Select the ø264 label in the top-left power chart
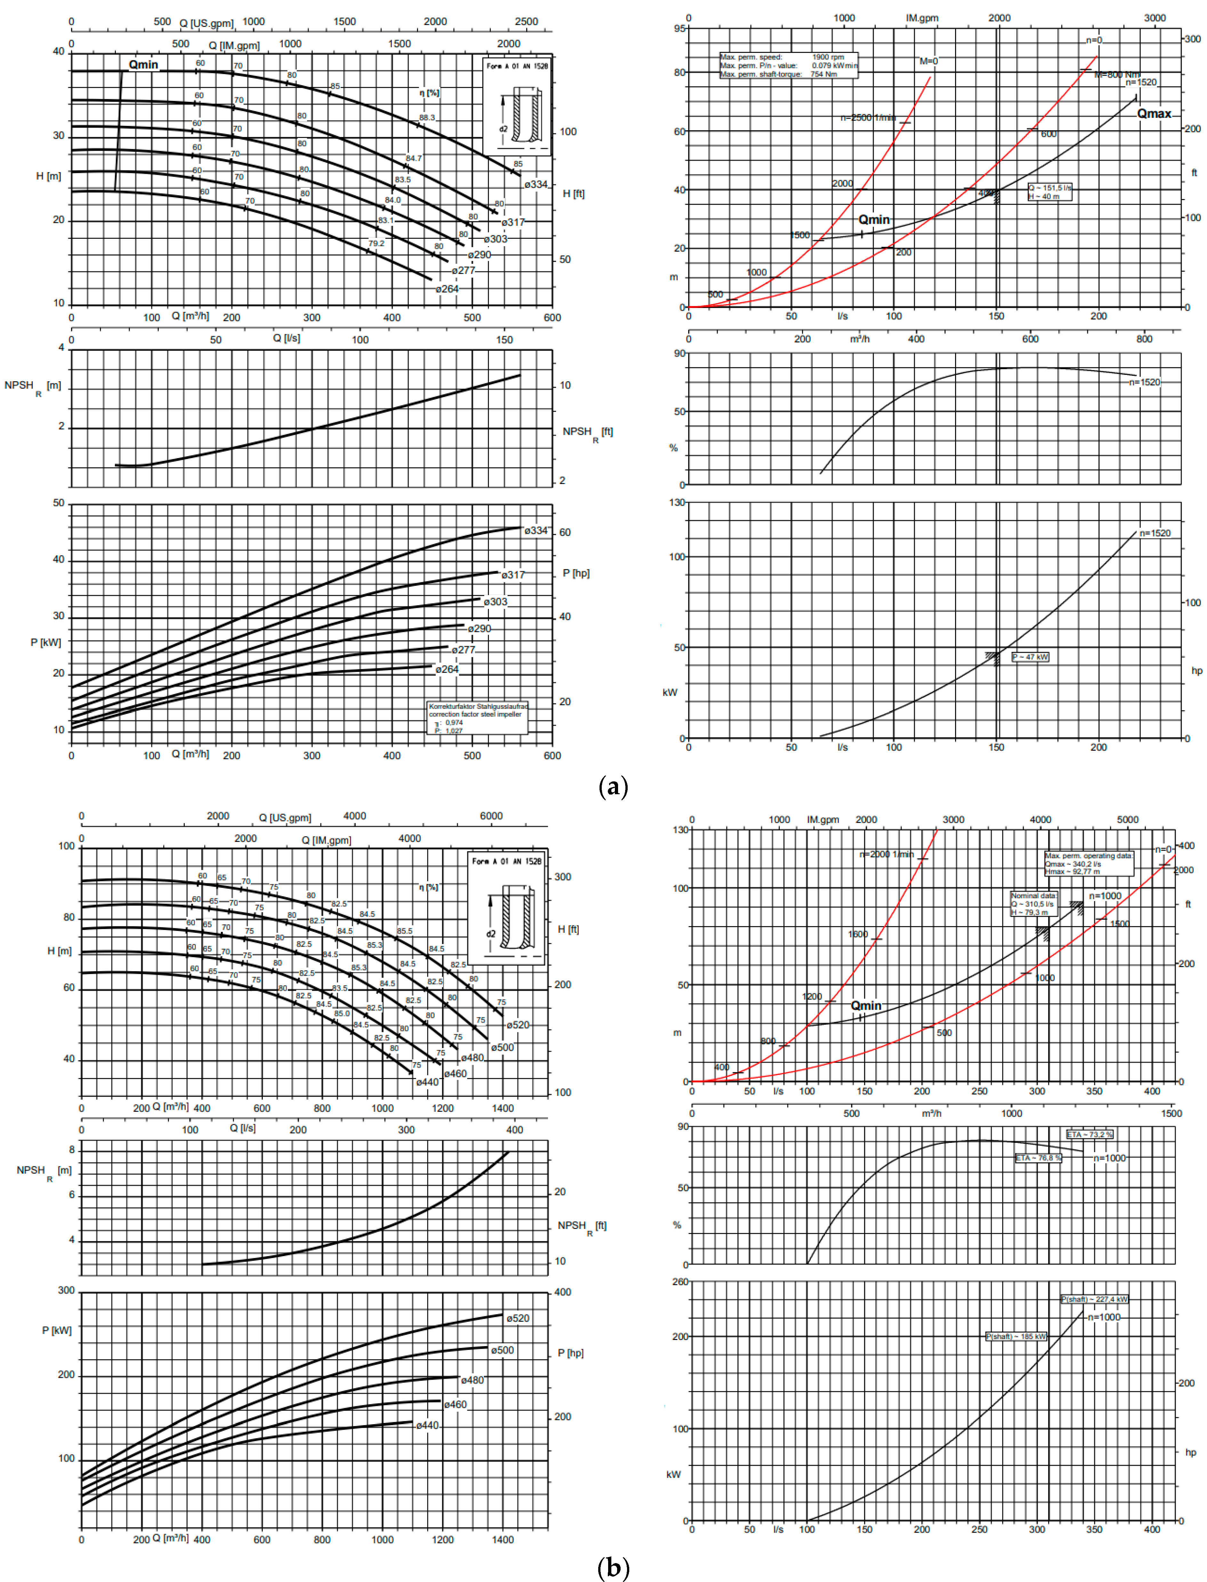pyautogui.click(x=447, y=669)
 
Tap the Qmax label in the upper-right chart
pyautogui.click(x=1154, y=114)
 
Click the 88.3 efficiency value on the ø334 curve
pyautogui.click(x=427, y=118)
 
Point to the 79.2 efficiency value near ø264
pyautogui.click(x=376, y=244)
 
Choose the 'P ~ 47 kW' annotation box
pyautogui.click(x=1030, y=657)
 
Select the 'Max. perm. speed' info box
pyautogui.click(x=788, y=65)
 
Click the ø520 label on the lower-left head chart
pyautogui.click(x=518, y=1024)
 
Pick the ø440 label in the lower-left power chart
pyautogui.click(x=428, y=1425)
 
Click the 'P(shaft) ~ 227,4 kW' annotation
pyautogui.click(x=1094, y=1299)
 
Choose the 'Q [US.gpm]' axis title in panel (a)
pyautogui.click(x=206, y=23)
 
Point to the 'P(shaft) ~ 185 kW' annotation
pyautogui.click(x=1016, y=1336)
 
